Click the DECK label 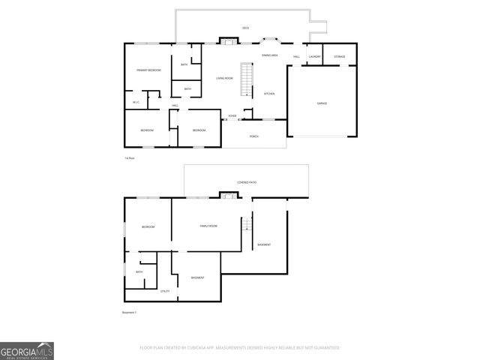tap(245, 28)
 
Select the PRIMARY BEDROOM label tap(148, 70)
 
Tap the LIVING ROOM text tap(224, 78)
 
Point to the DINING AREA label tap(269, 55)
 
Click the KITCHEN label tap(268, 94)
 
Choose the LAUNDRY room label tap(315, 57)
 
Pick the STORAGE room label tap(339, 57)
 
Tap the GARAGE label tap(321, 103)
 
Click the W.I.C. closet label tap(136, 103)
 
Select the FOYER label tap(232, 116)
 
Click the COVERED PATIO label tap(247, 182)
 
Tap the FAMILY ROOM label tap(208, 226)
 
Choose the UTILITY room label tap(165, 291)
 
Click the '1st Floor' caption tap(130, 159)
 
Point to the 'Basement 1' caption tap(130, 312)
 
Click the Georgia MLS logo tap(27, 350)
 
